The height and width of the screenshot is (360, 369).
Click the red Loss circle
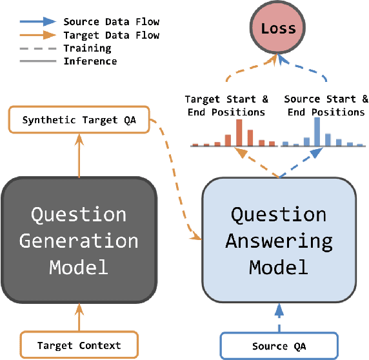[x=279, y=28]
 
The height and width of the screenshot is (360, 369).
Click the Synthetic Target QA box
[x=78, y=120]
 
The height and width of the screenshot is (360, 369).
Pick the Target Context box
[x=79, y=345]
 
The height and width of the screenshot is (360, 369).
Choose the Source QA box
[x=279, y=346]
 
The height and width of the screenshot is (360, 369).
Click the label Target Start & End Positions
[x=226, y=105]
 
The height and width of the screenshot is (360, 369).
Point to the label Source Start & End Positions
[x=326, y=105]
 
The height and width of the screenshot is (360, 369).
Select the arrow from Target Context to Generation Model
[x=79, y=319]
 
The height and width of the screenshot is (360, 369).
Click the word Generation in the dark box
[x=79, y=241]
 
